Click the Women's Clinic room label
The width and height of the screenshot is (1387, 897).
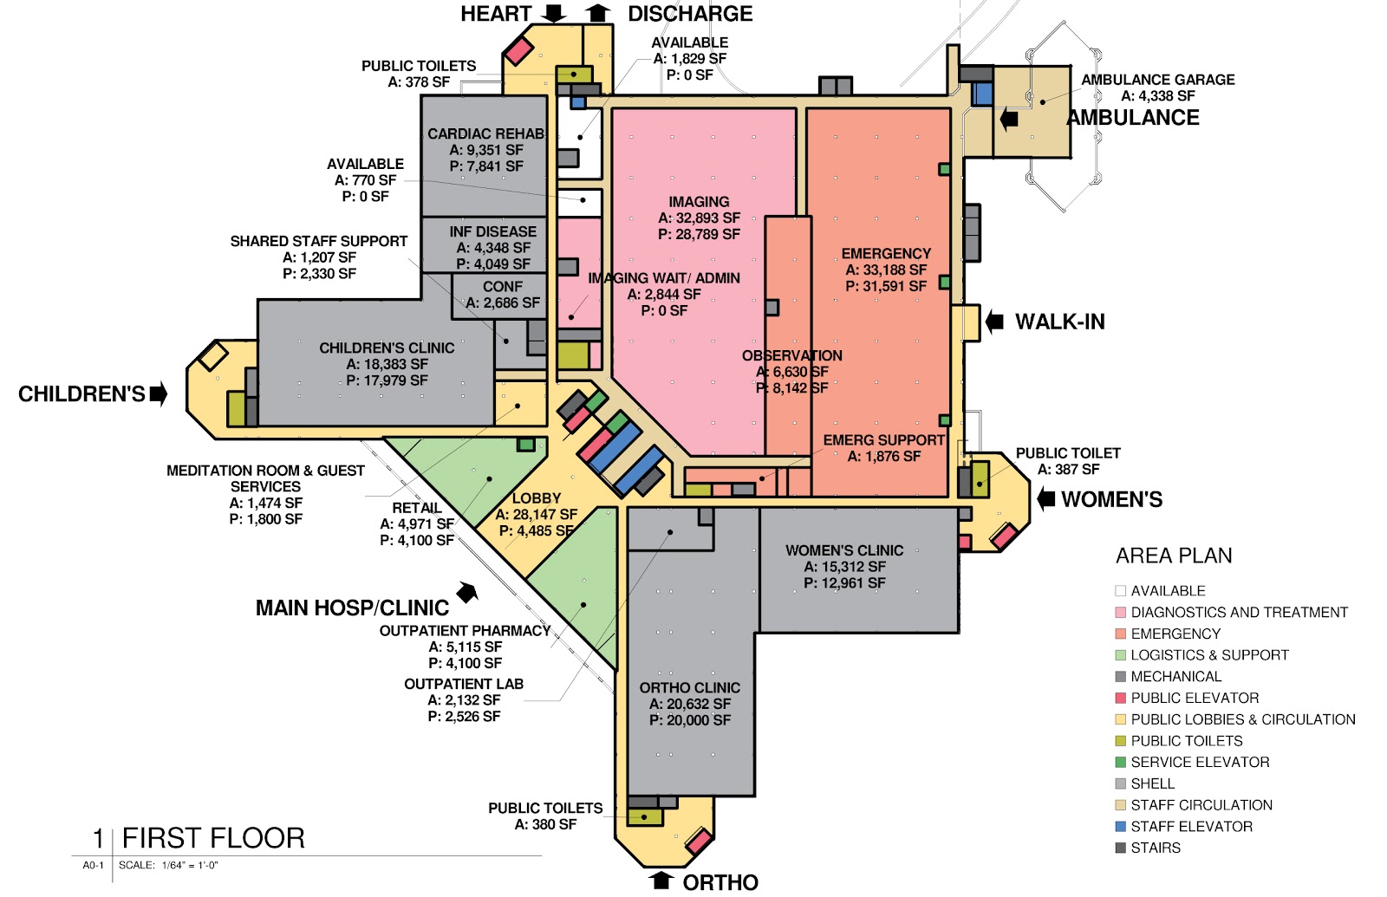(x=844, y=550)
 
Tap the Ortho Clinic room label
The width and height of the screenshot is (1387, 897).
(x=690, y=688)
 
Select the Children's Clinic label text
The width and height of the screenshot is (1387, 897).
(x=387, y=348)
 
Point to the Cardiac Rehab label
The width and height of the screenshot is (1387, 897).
(x=486, y=133)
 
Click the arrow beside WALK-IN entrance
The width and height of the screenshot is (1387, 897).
(x=994, y=322)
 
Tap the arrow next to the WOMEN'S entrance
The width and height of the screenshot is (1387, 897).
(x=1045, y=499)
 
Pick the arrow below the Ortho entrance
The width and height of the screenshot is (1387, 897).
(x=661, y=881)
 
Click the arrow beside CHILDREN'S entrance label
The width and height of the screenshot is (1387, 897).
(x=160, y=393)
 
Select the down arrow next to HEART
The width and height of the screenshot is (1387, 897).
(x=554, y=14)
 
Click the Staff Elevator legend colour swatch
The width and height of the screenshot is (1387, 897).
(x=1120, y=827)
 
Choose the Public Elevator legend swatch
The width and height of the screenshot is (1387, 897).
(x=1120, y=699)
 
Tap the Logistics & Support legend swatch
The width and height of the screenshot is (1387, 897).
(x=1120, y=655)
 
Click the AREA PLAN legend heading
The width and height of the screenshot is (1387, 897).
(x=1174, y=556)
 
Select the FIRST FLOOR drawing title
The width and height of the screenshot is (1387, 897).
(x=213, y=838)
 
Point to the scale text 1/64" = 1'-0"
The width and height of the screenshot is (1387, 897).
(x=190, y=866)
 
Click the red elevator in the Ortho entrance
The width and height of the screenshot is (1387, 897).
(x=699, y=842)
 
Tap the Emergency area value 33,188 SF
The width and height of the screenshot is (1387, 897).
(x=886, y=270)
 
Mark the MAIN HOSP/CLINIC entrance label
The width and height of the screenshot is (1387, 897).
(x=352, y=608)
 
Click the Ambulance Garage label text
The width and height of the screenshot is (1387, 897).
(x=1158, y=80)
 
